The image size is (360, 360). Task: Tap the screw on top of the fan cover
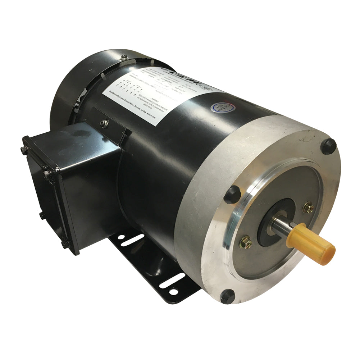coord(124,56)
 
